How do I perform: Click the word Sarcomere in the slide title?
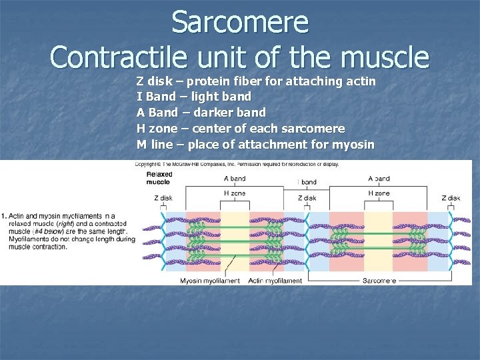240,23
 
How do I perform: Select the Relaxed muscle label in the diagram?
159,178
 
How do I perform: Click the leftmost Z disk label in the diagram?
163,198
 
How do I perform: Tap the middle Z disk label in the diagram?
307,198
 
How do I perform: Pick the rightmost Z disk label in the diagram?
450,198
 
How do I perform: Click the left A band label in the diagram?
234,179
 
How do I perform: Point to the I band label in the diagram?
307,182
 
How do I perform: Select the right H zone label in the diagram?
379,193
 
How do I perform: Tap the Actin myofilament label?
275,281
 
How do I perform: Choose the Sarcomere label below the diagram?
379,281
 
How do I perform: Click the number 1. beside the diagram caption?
4,216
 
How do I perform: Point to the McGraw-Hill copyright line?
237,164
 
